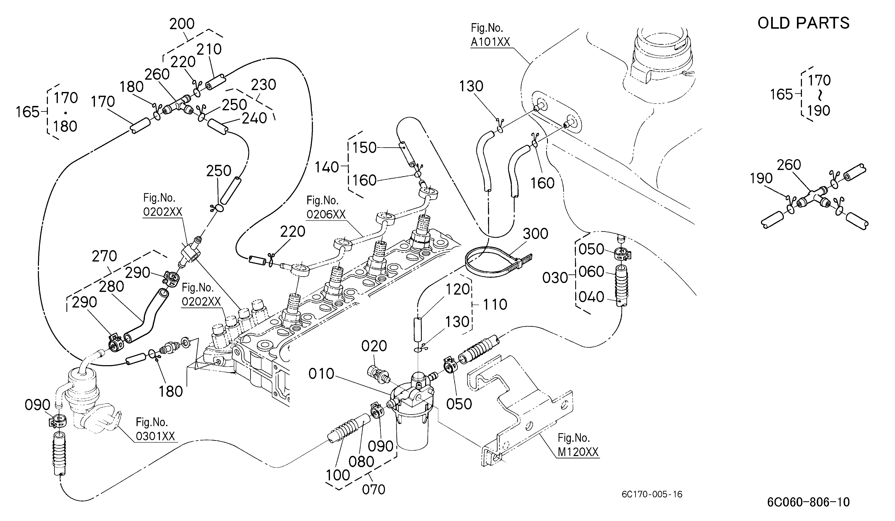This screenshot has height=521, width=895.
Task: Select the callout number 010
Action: click(x=321, y=374)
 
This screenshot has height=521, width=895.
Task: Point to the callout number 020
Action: click(x=374, y=346)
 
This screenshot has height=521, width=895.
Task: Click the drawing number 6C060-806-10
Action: click(x=808, y=502)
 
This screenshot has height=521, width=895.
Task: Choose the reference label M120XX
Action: click(x=578, y=452)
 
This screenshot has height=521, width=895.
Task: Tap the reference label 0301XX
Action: click(x=156, y=436)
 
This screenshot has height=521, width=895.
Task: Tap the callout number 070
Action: click(x=374, y=489)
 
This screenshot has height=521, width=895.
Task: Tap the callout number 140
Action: click(x=327, y=167)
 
